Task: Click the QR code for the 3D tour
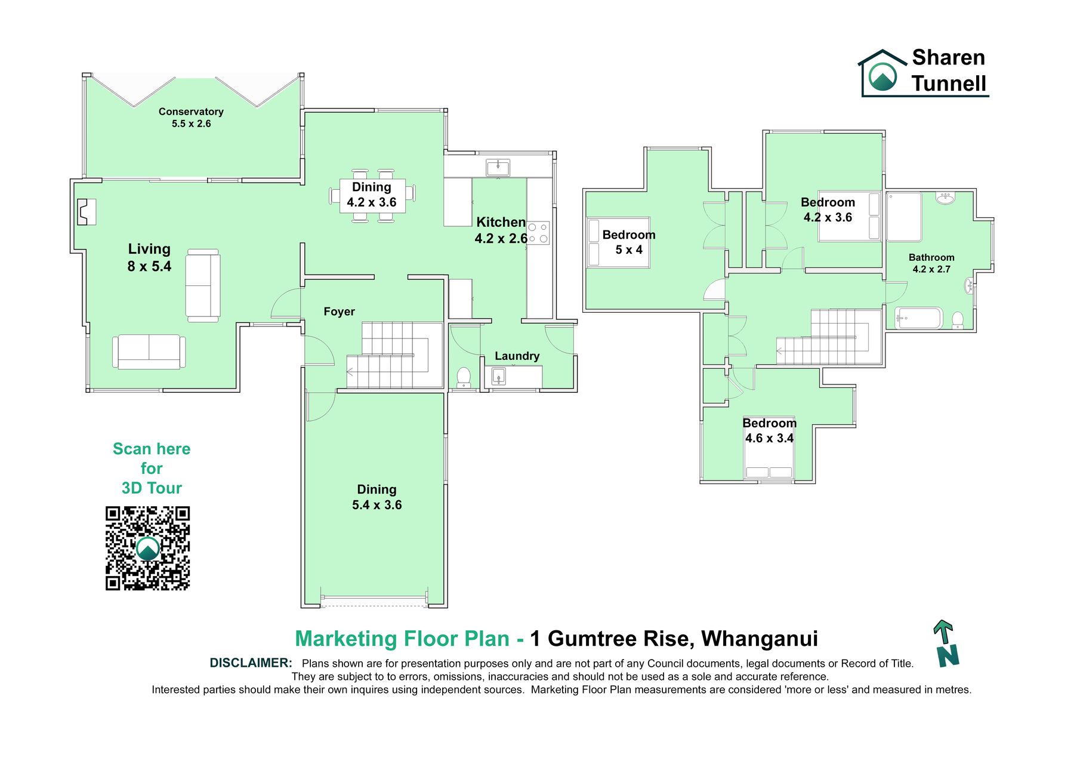coord(148,549)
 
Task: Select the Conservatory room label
coord(191,118)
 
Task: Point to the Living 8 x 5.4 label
coord(149,257)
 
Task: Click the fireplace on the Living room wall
coord(87,211)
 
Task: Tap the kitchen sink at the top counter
coord(498,167)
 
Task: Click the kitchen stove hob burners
coord(538,233)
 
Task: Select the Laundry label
coord(517,356)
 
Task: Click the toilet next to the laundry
coord(464,377)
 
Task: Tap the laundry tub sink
coord(499,377)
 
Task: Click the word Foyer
coord(339,312)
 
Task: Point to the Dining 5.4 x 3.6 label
coord(377,497)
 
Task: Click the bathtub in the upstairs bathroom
coord(918,318)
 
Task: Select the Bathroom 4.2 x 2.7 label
coord(931,263)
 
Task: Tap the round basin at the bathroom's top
coord(945,198)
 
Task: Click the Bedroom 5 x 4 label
coord(629,242)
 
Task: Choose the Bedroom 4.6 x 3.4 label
coord(770,430)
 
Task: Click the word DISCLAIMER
coord(251,663)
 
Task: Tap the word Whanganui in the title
coord(760,639)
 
